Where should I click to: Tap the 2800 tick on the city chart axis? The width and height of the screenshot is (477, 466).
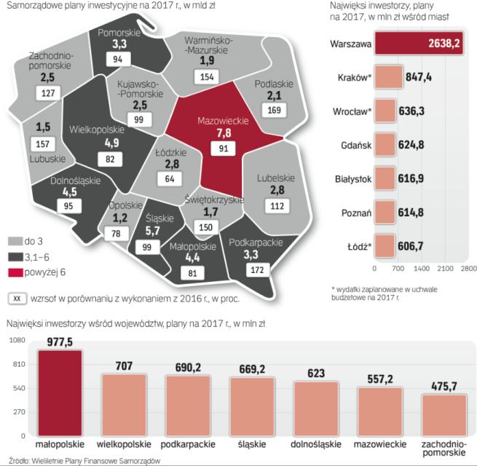466,268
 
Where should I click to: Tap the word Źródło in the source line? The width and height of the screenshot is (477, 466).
15,460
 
